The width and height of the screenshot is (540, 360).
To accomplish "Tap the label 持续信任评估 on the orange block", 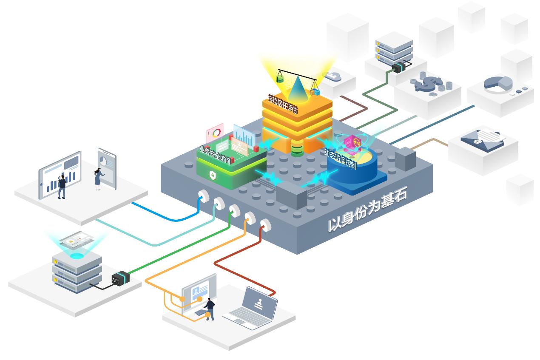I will point(283,104).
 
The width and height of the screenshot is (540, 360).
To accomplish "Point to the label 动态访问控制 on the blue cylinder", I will point(340,158).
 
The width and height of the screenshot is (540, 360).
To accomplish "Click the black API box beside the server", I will point(120,278).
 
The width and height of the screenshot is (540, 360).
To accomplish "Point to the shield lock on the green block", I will point(212,174).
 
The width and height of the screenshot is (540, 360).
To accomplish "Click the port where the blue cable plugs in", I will point(202,196).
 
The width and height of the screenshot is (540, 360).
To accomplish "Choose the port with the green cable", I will point(234,210).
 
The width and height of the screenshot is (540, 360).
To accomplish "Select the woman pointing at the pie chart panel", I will point(98,179).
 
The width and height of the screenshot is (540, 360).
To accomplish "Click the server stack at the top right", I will point(394,49).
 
